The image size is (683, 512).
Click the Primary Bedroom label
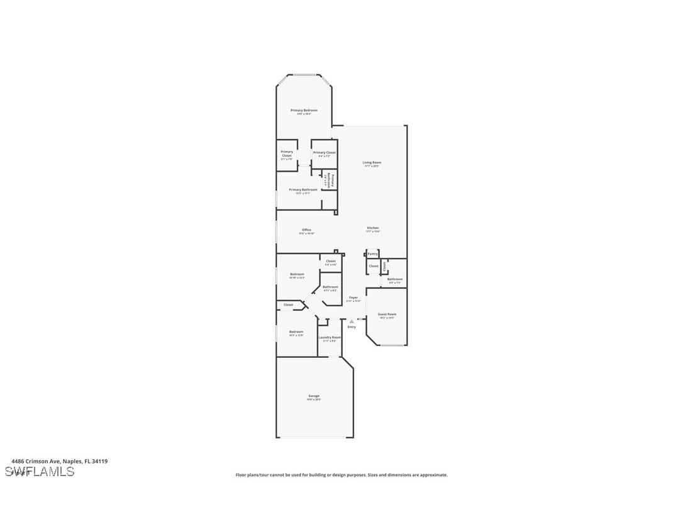(x=304, y=111)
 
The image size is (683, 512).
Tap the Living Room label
(x=372, y=163)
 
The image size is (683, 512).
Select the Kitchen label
(x=373, y=228)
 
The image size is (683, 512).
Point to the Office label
(x=306, y=230)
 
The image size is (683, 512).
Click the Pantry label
(x=373, y=253)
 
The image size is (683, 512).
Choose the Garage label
(x=314, y=396)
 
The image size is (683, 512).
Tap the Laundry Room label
(x=330, y=338)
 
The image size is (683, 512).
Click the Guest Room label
(x=387, y=314)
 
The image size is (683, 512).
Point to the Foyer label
(x=353, y=298)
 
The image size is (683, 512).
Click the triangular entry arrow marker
(x=352, y=321)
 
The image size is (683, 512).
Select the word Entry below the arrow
(x=352, y=327)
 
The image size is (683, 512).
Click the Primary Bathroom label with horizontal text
(x=303, y=190)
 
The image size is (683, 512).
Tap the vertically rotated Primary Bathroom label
(x=330, y=181)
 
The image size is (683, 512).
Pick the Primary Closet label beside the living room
(x=325, y=153)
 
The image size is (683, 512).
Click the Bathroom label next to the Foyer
(x=330, y=287)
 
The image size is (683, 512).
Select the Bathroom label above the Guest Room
(x=395, y=279)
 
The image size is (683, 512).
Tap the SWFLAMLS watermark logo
(x=39, y=472)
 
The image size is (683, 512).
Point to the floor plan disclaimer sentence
(x=341, y=475)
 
